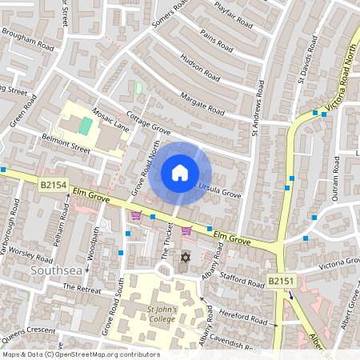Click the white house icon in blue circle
coord(180,172)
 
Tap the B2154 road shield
coord(52,185)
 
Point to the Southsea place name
coord(54,271)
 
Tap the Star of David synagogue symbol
coord(185,258)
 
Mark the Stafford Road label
coord(243,279)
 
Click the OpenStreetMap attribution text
coord(81,354)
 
